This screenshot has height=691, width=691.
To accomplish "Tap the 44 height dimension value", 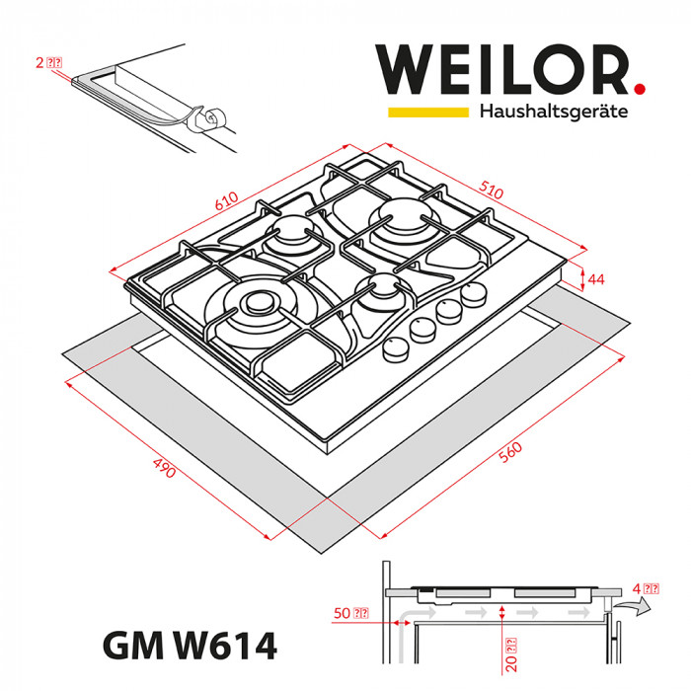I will tap(595, 279).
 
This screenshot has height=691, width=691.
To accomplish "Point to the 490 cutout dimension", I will tap(164, 467).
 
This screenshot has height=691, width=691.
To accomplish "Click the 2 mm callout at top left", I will tap(48, 62).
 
